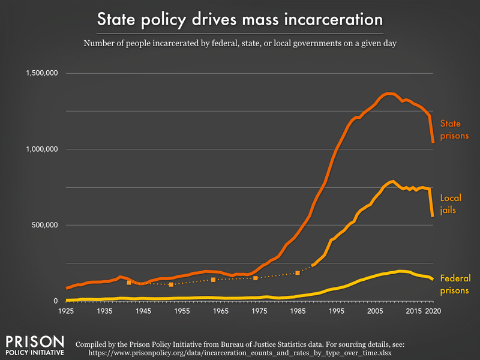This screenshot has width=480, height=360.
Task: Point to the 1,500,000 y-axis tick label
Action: tap(40, 73)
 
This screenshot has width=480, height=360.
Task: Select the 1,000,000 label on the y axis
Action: tap(40, 149)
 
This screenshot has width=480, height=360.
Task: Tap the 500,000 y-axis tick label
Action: tap(43, 225)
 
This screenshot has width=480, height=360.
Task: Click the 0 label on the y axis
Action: tap(55, 301)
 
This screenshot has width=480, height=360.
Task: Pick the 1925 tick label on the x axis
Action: tap(66, 312)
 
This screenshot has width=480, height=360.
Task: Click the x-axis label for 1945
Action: tap(143, 312)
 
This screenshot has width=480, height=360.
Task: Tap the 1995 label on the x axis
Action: tap(336, 312)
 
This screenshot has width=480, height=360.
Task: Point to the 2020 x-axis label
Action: tap(432, 312)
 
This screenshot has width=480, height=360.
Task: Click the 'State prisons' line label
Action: tap(454, 130)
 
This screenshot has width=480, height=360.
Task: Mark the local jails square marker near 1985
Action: tap(298, 273)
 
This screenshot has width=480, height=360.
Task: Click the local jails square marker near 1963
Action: tap(213, 280)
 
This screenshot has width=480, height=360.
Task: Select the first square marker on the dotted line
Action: tap(128, 283)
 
